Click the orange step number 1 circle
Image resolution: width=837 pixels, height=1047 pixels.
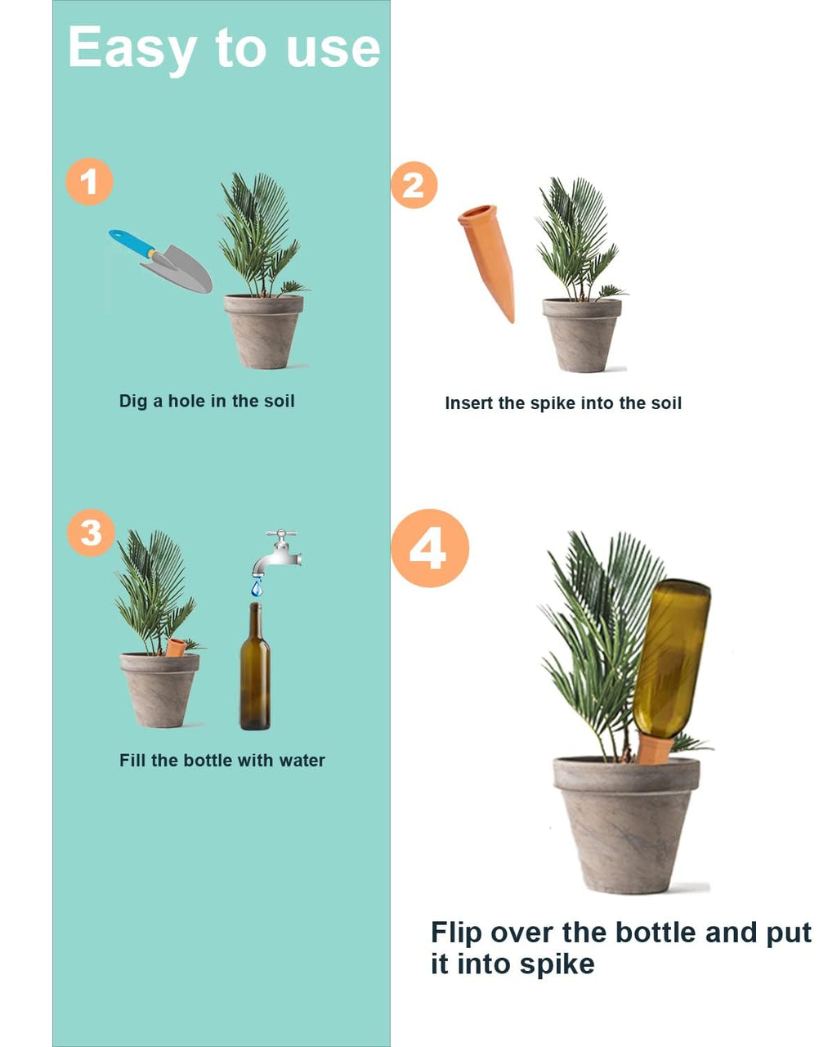(x=89, y=182)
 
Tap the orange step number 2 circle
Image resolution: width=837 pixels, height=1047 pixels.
(x=414, y=185)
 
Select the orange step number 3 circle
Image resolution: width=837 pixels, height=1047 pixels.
(x=90, y=532)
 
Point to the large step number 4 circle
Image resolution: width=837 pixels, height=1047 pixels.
(x=429, y=548)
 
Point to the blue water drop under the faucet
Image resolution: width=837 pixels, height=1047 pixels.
(x=257, y=586)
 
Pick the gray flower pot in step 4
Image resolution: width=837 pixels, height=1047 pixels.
(x=625, y=822)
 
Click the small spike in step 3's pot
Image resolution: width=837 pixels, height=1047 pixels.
(x=175, y=647)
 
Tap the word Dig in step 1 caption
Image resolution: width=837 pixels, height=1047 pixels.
(x=133, y=402)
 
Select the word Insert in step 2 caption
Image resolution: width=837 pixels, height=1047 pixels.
(x=469, y=402)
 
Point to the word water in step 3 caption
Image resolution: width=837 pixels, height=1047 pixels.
(x=302, y=761)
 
